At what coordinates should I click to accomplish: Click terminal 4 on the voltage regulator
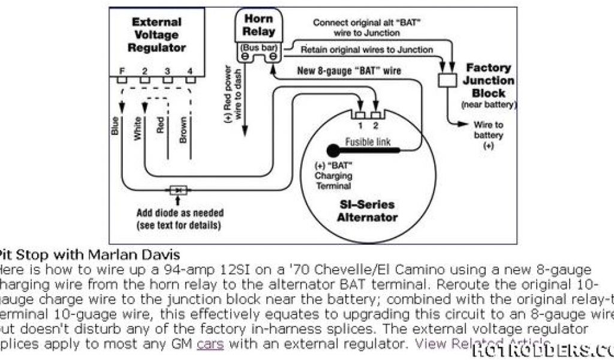190,79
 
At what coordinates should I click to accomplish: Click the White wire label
138,128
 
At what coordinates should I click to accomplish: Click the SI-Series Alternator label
367,211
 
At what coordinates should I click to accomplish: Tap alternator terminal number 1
360,115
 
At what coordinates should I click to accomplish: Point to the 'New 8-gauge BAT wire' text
350,71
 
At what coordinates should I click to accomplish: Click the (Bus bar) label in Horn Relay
259,47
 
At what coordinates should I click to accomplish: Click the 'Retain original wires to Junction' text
367,50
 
